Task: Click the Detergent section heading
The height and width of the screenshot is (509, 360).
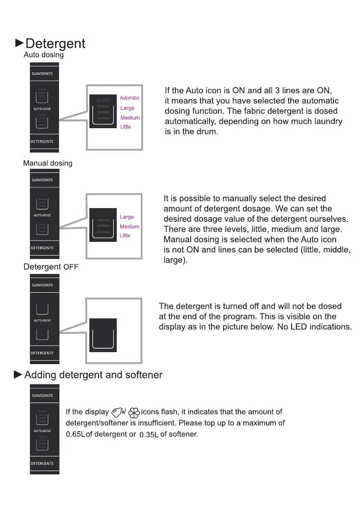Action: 55,44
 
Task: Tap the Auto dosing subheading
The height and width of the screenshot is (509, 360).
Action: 44,55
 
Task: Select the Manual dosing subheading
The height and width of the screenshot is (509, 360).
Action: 47,163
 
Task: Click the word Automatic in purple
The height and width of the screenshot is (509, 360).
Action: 130,98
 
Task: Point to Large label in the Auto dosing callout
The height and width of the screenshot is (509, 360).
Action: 127,108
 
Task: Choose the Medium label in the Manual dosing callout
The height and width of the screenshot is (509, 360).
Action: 130,227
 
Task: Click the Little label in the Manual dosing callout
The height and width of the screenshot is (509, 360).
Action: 125,235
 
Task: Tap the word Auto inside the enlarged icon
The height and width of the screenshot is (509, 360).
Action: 103,100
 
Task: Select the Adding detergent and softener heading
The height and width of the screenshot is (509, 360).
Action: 93,375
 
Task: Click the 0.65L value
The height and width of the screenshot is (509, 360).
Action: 76,435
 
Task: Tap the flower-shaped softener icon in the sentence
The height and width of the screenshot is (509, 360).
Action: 134,413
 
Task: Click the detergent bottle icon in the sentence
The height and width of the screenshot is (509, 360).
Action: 117,412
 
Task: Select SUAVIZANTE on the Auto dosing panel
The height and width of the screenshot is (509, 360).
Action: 42,74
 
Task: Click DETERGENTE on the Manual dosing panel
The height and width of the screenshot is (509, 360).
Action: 42,248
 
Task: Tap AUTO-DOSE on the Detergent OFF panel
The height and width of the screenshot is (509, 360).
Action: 42,321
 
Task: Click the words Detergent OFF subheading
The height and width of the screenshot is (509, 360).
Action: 51,267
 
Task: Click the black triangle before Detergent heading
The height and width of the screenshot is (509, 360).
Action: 19,43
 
